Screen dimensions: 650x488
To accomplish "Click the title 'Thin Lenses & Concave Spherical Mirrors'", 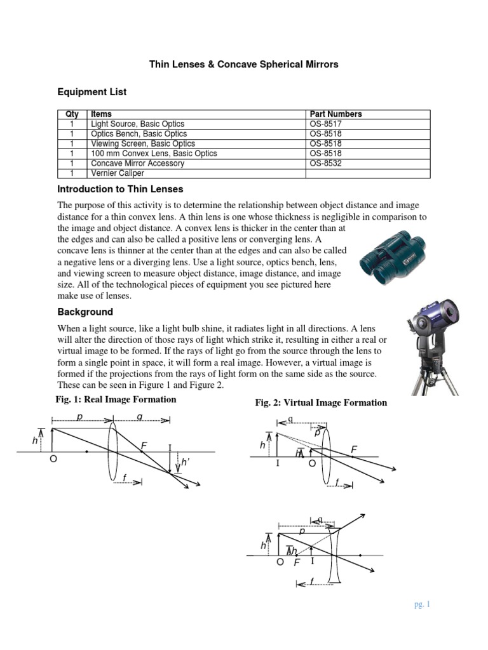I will (243, 64).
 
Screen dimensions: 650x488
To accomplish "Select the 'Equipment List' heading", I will (92, 92).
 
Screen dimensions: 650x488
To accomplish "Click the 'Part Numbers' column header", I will (335, 114).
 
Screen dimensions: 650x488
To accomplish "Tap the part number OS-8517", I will (326, 124).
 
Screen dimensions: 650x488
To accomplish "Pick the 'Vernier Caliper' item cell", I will (118, 173).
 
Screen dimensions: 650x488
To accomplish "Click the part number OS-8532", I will (326, 163).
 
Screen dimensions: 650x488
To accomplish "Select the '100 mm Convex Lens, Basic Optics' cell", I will (154, 154).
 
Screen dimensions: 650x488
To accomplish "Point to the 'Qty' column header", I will (72, 114).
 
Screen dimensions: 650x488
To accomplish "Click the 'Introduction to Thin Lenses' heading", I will (120, 189).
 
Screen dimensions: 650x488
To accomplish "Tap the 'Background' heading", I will (85, 312).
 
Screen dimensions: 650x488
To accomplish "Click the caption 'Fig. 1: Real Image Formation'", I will (117, 400).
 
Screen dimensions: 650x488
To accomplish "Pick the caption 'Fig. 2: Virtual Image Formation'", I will (321, 403).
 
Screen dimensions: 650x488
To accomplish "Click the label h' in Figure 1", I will (186, 463).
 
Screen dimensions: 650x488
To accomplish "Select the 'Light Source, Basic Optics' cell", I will (137, 124).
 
